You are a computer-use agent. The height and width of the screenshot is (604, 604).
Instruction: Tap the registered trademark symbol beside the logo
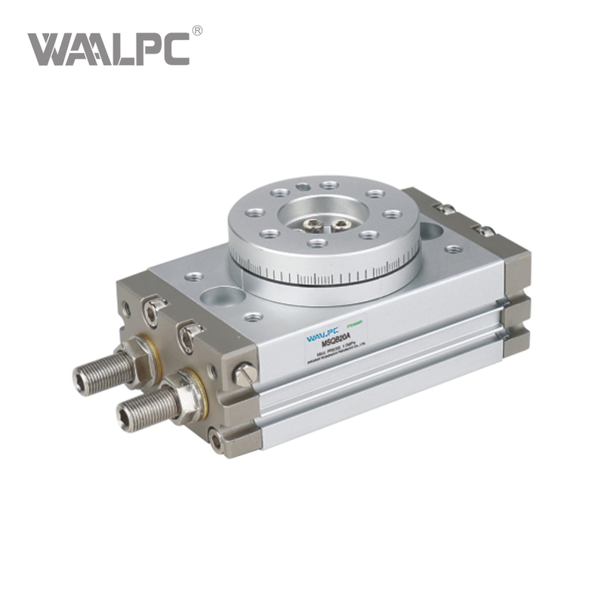click(197, 31)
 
